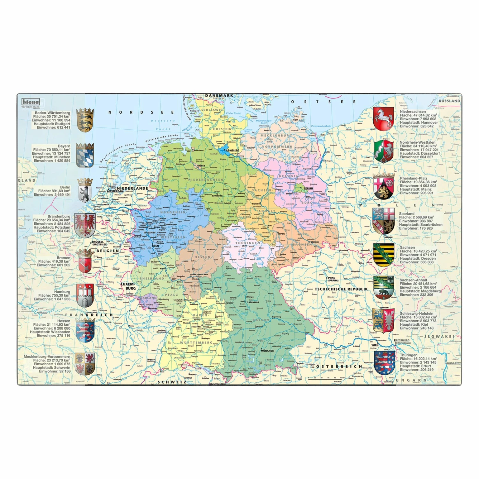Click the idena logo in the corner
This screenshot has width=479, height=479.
pyautogui.click(x=31, y=102)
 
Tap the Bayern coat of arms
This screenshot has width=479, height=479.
pyautogui.click(x=85, y=155)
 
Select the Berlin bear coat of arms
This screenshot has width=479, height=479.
pyautogui.click(x=85, y=190)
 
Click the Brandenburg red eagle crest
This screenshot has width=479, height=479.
pyautogui.click(x=85, y=225)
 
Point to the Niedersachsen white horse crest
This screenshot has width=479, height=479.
pyautogui.click(x=383, y=119)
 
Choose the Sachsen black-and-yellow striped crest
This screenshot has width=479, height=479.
pyautogui.click(x=384, y=255)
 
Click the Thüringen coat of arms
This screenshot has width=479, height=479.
pyautogui.click(x=384, y=362)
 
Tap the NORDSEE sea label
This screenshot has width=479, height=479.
pyautogui.click(x=141, y=112)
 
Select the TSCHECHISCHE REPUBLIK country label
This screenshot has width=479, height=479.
pyautogui.click(x=341, y=289)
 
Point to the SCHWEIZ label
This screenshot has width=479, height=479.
pyautogui.click(x=172, y=382)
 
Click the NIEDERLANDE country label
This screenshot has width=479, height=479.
pyautogui.click(x=132, y=188)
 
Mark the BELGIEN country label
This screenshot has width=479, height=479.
pyautogui.click(x=108, y=251)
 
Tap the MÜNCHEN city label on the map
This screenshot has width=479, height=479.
pyautogui.click(x=267, y=351)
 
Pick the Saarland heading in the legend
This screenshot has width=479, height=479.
pyautogui.click(x=407, y=214)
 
